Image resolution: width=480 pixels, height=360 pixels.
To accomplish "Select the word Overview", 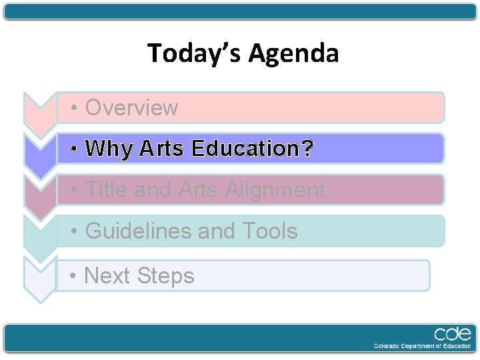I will tap(132, 108).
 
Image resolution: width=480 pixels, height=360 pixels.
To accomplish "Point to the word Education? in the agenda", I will tap(252, 149).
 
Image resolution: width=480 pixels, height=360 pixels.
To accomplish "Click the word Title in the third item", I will tap(106, 190).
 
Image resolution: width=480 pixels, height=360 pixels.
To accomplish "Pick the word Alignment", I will tap(275, 190).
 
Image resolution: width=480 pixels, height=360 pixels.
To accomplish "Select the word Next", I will tap(107, 275).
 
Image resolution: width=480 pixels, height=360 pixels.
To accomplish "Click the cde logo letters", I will tap(453, 334).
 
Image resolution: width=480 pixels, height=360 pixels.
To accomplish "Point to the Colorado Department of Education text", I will tap(423, 346).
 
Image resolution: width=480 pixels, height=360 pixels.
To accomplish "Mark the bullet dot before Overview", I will tap(77, 108).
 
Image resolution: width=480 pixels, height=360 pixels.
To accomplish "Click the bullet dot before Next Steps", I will tap(76, 275).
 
